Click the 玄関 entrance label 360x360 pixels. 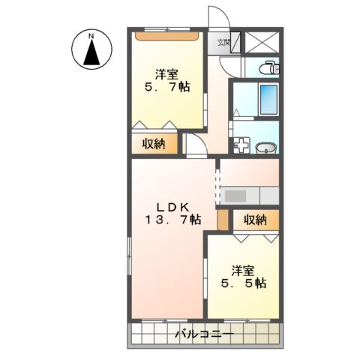click(223, 43)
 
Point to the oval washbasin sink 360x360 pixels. click(265, 147)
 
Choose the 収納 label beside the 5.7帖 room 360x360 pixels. click(154, 144)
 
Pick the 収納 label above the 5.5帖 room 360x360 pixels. click(254, 220)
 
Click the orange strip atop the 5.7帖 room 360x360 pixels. click(166, 33)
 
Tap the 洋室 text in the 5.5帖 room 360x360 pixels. click(241, 270)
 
